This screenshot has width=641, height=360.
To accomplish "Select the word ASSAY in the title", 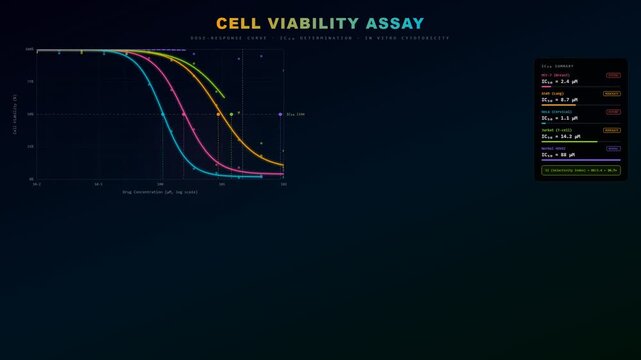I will click(x=395, y=24).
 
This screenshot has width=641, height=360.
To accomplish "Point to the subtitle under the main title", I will click(x=320, y=38).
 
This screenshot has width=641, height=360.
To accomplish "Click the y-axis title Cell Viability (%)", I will click(x=15, y=113).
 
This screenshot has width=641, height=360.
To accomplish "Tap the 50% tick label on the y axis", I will click(x=30, y=114).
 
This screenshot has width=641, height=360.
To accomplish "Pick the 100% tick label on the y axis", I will click(x=30, y=49).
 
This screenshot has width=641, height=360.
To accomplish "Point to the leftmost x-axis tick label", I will click(x=37, y=184).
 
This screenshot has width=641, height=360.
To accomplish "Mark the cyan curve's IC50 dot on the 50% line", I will click(x=164, y=114).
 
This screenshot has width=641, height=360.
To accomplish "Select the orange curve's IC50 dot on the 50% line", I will click(x=218, y=114).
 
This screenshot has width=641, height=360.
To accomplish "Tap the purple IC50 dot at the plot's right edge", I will click(x=280, y=114).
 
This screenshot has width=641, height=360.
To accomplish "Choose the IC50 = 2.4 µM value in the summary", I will click(x=560, y=81).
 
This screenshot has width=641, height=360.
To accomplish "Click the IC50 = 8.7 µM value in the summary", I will click(x=560, y=100).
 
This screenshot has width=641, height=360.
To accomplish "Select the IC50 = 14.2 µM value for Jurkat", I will click(x=561, y=136).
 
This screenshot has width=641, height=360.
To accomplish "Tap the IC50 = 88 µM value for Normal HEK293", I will click(x=559, y=155).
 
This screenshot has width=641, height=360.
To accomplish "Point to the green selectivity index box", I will click(x=580, y=171).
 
